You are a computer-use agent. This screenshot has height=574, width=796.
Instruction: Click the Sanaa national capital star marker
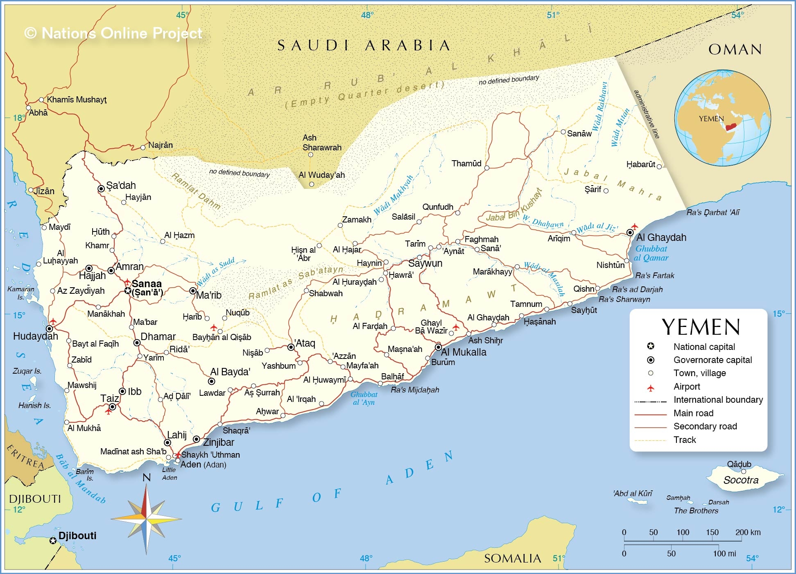tap(128, 291)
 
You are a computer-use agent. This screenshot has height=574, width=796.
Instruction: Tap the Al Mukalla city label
tap(464, 352)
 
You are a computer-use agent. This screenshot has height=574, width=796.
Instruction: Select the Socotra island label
tap(741, 480)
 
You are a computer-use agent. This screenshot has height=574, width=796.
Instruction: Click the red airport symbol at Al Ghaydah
tap(635, 226)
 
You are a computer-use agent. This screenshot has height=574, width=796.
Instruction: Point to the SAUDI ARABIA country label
tap(364, 45)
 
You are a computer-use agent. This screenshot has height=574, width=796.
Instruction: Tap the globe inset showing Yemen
tap(723, 118)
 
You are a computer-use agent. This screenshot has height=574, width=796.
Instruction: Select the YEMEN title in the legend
tap(701, 327)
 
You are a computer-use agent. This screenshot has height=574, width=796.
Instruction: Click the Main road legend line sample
tap(650, 415)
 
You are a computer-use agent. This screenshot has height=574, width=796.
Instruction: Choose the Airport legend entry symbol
tap(650, 388)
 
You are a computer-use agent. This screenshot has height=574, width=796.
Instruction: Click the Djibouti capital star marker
tap(53, 541)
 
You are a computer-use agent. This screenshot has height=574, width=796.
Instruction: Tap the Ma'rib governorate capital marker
tap(193, 291)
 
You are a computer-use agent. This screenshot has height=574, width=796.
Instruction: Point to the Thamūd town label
tap(466, 163)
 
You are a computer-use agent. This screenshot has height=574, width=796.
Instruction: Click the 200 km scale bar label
tap(748, 533)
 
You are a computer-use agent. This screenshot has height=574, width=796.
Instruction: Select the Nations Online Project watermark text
tap(113, 33)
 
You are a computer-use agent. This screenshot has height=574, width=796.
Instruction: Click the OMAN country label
tap(735, 50)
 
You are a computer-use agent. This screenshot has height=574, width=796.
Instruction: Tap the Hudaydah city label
tap(36, 336)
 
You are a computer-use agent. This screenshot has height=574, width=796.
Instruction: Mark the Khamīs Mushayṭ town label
tap(77, 100)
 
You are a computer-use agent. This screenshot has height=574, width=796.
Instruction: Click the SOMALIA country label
tap(512, 558)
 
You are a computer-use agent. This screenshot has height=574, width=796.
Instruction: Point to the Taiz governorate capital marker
tap(112, 407)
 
